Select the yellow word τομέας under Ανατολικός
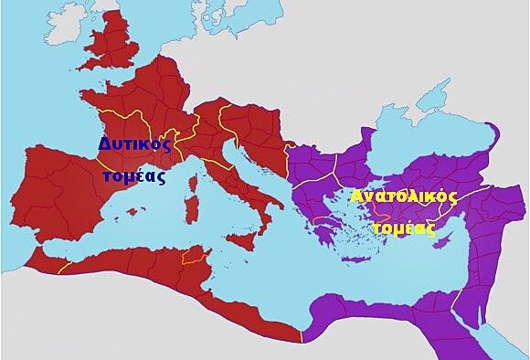[402, 228]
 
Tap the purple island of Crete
[353, 268]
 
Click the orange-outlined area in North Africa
[193, 257]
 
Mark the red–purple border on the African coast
[302, 338]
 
